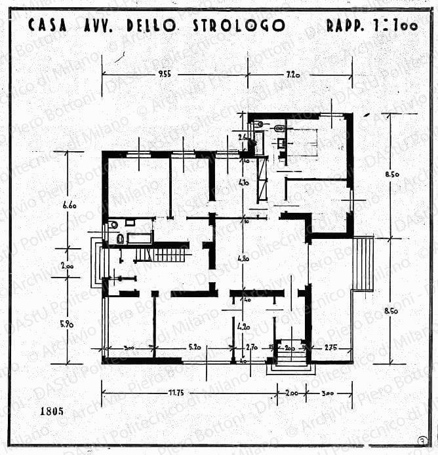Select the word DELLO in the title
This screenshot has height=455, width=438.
(151, 26)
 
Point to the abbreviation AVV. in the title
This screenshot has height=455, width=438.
(98, 26)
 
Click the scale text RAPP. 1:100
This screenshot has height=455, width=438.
(370, 26)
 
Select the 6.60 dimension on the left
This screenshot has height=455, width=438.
(70, 205)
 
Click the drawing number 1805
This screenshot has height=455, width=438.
(52, 412)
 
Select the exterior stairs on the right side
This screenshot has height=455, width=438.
(364, 263)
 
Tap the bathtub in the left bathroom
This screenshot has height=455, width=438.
(139, 238)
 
